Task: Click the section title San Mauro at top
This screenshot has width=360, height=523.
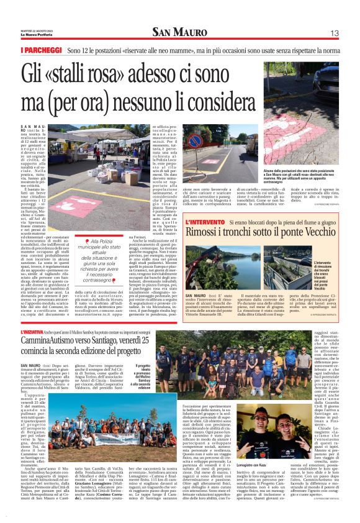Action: [179, 32]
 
